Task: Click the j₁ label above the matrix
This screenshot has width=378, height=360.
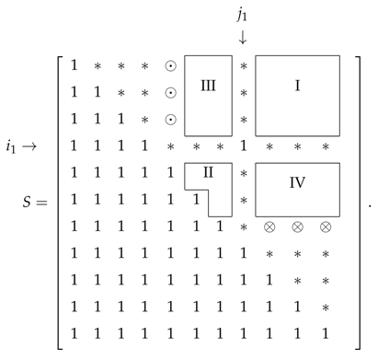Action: pos(243,15)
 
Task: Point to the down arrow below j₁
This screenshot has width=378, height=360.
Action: pos(243,38)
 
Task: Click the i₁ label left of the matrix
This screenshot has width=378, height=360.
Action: pos(16,146)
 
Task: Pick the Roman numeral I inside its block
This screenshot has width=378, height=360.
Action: pos(297,86)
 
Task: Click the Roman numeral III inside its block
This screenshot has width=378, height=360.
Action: pos(208,86)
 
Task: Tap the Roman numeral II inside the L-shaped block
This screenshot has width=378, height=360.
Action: pos(208,171)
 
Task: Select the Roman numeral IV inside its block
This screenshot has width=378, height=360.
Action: pos(297,183)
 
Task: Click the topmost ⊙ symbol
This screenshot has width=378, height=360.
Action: pos(170,66)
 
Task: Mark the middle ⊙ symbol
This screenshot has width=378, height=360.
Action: pos(170,93)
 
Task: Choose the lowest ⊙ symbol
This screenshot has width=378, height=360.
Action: pos(170,120)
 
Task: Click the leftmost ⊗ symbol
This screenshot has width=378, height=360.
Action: pos(269,226)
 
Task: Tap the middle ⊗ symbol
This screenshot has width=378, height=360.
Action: pos(297,226)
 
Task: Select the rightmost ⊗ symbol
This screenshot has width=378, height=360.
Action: pos(325,226)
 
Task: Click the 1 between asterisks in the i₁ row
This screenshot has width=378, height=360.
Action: pos(243,145)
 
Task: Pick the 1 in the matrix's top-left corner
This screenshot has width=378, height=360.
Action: pos(74,66)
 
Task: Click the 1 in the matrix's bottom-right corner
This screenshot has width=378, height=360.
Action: pos(325,332)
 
